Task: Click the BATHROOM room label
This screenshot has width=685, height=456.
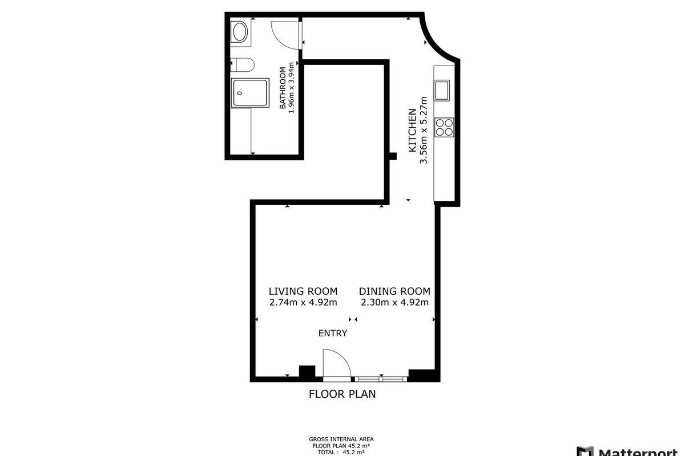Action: pos(283,88)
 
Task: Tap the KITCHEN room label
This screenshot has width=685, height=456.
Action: pos(413,131)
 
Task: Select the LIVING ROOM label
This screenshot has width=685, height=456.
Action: pos(303,291)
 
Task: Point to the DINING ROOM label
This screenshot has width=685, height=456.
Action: pos(394,291)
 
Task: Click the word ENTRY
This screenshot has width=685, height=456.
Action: pos(333,333)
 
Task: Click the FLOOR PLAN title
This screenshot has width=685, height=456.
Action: pos(342,394)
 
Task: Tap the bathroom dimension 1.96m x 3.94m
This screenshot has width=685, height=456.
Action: pos(291,88)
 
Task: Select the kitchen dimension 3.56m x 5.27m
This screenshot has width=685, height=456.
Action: pos(424,131)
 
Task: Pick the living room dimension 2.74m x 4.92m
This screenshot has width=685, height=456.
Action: pos(303,302)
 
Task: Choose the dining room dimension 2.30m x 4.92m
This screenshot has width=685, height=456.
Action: pos(394,302)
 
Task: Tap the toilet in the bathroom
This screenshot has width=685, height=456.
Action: pos(242,65)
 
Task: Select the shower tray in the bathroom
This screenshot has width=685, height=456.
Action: pos(250,93)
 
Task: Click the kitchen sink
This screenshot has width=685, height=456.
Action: pos(442,91)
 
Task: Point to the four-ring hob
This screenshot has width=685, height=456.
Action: pos(444,127)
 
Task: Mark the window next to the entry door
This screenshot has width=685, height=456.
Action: pos(381,379)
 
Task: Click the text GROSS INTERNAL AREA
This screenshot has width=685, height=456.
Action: pos(341,439)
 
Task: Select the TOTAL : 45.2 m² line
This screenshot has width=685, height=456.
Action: pos(341,453)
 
